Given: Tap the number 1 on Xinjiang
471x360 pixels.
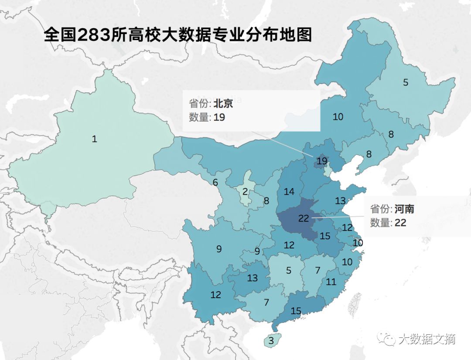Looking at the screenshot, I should click(94, 139).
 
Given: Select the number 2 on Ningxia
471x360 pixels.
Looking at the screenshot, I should click(245, 191).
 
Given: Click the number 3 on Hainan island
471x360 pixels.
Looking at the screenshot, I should click(271, 341).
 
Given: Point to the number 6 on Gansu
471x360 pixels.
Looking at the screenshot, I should click(215, 183).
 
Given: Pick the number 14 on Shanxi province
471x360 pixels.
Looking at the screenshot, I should click(289, 191).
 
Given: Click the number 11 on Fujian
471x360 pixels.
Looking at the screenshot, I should click(331, 282).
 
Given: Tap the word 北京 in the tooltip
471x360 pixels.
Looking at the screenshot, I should click(223, 104).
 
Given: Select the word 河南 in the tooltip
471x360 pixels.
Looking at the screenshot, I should click(404, 209).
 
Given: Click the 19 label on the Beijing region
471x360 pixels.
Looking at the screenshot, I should click(322, 161).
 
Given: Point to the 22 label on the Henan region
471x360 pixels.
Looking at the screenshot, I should click(304, 218).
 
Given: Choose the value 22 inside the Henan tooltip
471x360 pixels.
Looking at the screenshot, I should click(400, 223).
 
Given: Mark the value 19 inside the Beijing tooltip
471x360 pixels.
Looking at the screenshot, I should click(219, 117).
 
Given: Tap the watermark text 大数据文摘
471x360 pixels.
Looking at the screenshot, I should click(427, 339).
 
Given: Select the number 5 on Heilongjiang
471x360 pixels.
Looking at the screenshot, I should click(406, 82).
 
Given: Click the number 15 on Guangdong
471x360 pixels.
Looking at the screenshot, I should click(296, 311).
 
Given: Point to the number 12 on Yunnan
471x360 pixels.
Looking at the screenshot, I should click(216, 295).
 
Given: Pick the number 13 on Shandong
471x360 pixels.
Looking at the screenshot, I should click(340, 201).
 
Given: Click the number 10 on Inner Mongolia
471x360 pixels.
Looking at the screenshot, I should click(338, 117).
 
